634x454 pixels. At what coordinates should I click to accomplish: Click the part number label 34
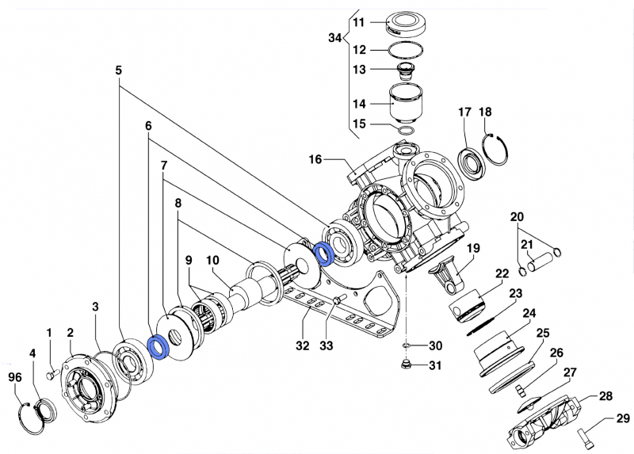tap(334, 37)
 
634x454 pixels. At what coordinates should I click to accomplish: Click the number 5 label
tap(119, 71)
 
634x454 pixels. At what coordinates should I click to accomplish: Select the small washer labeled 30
tap(406, 346)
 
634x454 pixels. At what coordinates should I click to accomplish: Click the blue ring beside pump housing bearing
tap(323, 254)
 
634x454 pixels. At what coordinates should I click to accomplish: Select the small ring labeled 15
tap(406, 129)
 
